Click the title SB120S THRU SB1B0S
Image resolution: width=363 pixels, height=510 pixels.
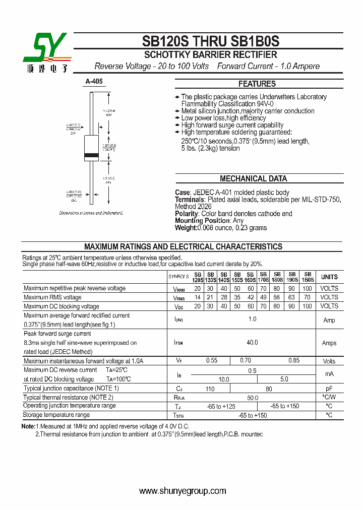click(210, 41)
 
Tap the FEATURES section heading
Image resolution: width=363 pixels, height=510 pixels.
click(257, 84)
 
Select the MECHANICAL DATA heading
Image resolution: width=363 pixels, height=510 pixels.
click(253, 178)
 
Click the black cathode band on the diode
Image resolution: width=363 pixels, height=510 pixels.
click(92, 154)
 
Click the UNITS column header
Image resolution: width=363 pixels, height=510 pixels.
click(329, 277)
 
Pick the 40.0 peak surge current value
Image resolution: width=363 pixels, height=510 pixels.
click(252, 343)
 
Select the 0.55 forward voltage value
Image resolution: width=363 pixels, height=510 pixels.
click(211, 361)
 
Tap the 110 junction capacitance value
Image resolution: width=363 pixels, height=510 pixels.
click(210, 389)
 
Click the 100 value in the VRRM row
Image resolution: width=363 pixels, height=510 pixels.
click(307, 288)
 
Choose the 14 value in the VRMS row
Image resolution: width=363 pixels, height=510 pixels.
click(197, 297)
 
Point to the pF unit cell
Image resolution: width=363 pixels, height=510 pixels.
click(329, 389)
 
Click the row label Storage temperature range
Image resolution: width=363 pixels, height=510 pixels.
click(56, 415)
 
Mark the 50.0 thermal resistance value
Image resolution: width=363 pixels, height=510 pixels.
click(252, 398)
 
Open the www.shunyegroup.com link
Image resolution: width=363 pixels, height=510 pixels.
click(183, 491)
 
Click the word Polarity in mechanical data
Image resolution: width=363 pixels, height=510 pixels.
click(187, 214)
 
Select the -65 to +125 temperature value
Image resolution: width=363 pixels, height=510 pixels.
click(221, 406)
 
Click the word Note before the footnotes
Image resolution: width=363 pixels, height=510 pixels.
click(28, 426)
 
